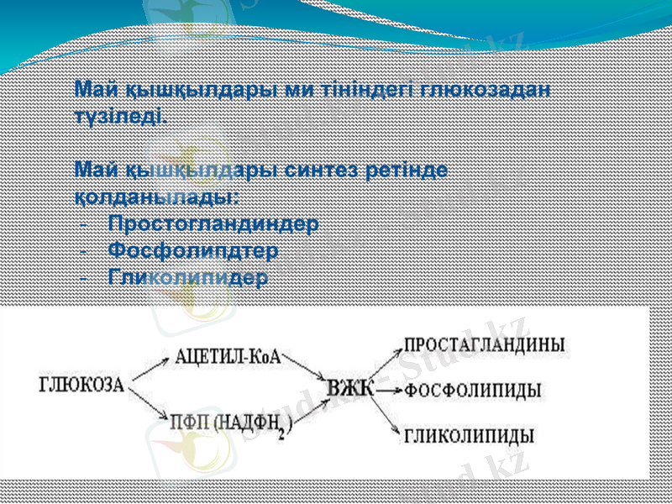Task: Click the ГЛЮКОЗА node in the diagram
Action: (81, 386)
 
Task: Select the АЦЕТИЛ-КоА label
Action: (228, 357)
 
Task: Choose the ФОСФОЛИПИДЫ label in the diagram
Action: (473, 391)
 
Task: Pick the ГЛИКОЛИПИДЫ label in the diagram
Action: (470, 436)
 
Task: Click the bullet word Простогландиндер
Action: (213, 224)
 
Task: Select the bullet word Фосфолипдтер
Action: (193, 250)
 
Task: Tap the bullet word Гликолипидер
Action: (189, 276)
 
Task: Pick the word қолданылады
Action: (156, 197)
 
